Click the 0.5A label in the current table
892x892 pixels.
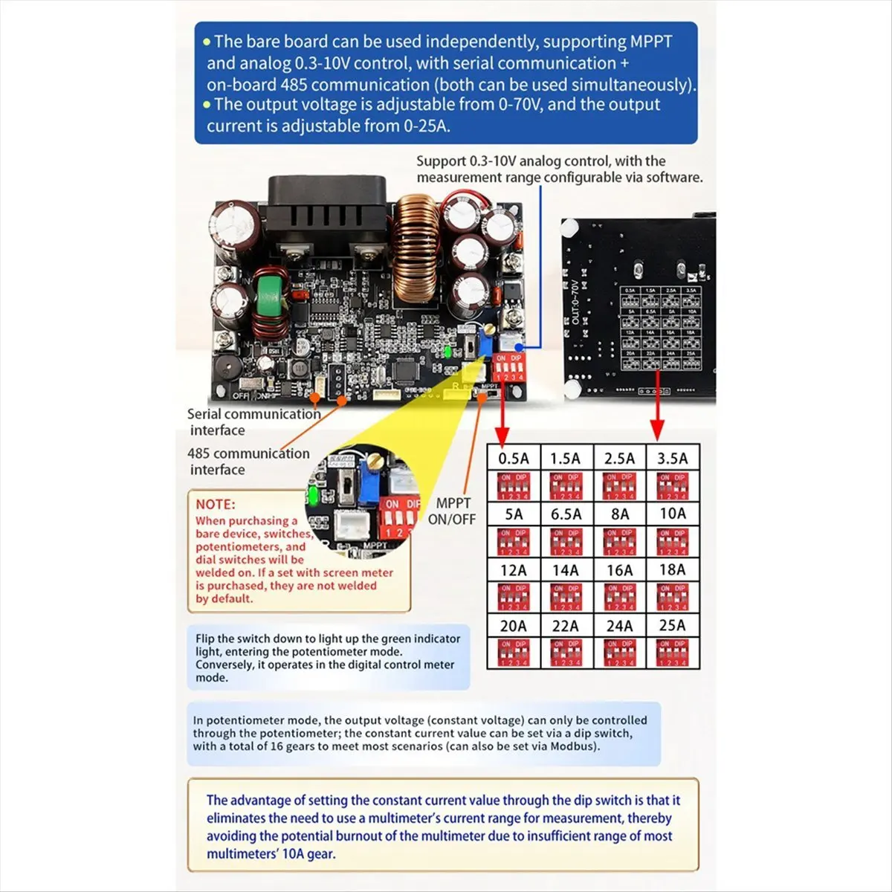pos(513,459)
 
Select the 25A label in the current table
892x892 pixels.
pos(672,626)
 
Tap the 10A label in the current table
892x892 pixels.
pos(672,514)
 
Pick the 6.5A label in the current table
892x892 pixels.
pos(566,514)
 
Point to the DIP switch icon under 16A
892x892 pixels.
pos(619,597)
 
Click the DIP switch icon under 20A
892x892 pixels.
pos(513,652)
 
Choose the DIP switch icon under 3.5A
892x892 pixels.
pos(672,486)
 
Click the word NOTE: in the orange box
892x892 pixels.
pos(215,504)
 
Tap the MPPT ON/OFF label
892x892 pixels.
pos(452,511)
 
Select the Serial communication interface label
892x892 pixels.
pos(253,421)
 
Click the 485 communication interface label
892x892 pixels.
pos(248,461)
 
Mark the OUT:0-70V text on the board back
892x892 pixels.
pos(576,302)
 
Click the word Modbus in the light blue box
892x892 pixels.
pos(575,746)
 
